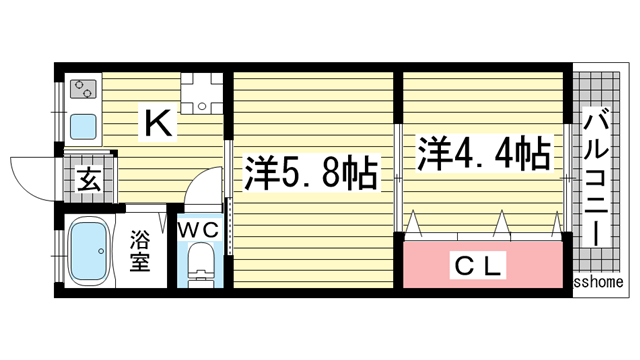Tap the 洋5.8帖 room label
click(x=310, y=175)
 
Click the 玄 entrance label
click(x=87, y=182)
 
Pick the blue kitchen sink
click(x=82, y=127)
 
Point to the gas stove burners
click(x=81, y=89)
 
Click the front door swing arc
click(x=30, y=172)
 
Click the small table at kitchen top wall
click(x=201, y=90)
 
